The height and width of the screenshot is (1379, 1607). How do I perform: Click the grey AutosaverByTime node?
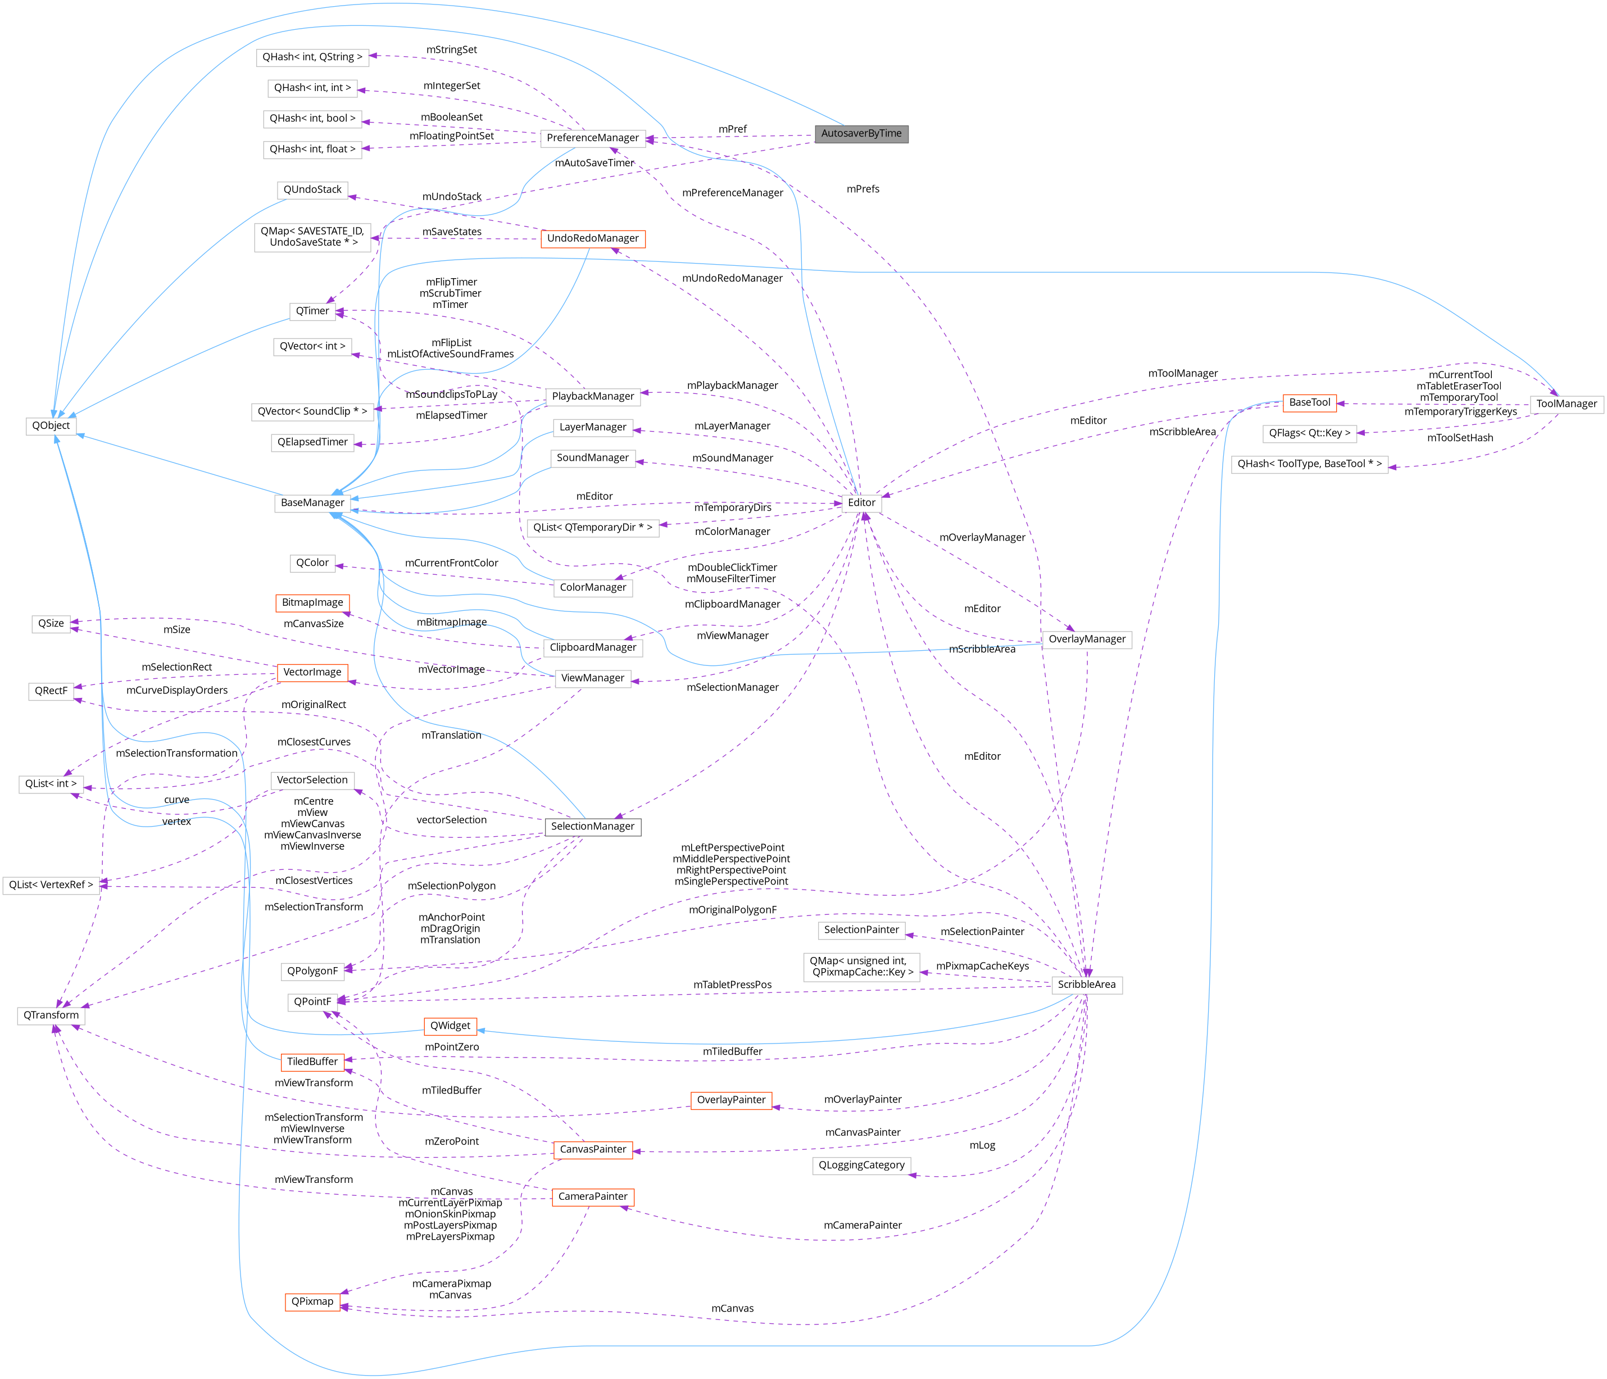click(x=861, y=133)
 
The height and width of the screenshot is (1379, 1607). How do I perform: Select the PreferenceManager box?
click(x=593, y=138)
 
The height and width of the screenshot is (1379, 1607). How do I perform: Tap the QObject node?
click(x=51, y=426)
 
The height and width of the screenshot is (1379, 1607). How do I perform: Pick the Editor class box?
click(x=861, y=502)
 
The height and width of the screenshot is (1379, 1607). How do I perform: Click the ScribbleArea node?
click(x=1087, y=985)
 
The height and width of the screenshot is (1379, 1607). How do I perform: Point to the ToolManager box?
click(x=1566, y=404)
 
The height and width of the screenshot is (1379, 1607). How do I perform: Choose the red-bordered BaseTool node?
click(x=1309, y=402)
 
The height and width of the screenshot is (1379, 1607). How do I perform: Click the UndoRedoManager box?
click(x=593, y=239)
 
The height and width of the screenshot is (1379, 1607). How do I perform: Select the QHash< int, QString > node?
click(x=312, y=57)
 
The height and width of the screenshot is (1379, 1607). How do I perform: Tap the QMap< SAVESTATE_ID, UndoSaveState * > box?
click(x=312, y=237)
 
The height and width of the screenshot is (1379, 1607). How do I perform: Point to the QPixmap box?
click(x=312, y=1301)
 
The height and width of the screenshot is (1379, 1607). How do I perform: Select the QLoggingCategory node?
click(x=861, y=1165)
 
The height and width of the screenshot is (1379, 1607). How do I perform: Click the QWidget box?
click(x=450, y=1026)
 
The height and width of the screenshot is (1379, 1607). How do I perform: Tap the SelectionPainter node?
click(x=861, y=930)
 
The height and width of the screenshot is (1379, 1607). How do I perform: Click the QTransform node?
click(x=51, y=1015)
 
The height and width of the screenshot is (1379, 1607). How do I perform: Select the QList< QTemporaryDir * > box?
click(x=593, y=528)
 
